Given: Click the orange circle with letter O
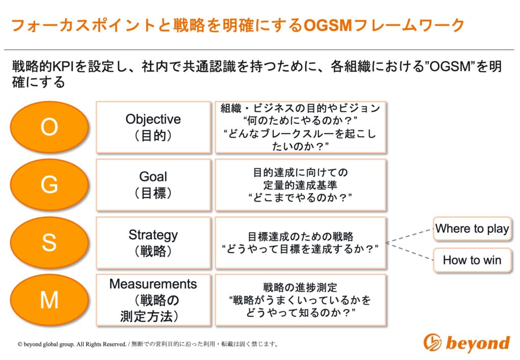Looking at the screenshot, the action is coord(49,127).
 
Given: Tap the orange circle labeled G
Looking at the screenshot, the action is coord(49,185).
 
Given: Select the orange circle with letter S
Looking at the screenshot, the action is coord(49,242).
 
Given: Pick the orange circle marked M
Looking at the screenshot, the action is coord(49,300).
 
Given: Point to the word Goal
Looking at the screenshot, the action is coord(153,177).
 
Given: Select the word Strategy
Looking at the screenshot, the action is coord(153,236).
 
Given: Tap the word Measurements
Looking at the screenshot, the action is coord(153,284).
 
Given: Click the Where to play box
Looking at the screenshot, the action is coord(472,228).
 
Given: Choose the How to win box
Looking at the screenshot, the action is coord(472,260).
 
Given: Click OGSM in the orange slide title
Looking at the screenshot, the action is coord(328,25).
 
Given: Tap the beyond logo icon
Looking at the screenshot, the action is coord(433,342).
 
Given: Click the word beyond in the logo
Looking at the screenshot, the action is coord(478,343).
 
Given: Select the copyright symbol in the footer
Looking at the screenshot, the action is coord(20,344).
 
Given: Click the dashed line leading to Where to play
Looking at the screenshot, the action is coord(410,236).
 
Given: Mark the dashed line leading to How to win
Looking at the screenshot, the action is coord(410,252).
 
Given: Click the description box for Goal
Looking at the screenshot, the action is coord(301,185).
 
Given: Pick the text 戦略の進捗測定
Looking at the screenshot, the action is coord(300,287).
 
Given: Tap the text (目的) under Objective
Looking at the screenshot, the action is coord(153,136).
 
